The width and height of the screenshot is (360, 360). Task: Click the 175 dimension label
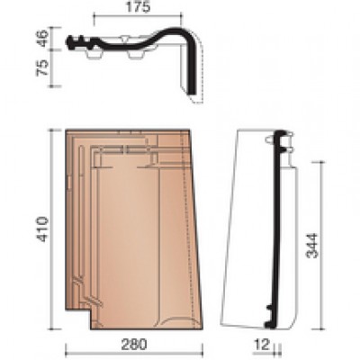[x=138, y=7]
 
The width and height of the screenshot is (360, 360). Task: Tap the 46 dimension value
[x=42, y=38]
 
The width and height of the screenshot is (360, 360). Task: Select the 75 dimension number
[x=42, y=67]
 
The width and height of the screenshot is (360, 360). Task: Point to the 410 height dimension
[x=42, y=229]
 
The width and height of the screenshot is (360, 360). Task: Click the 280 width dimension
[x=134, y=344]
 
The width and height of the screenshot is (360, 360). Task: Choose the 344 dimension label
[x=311, y=246]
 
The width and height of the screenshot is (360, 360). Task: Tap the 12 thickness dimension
[x=262, y=345]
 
